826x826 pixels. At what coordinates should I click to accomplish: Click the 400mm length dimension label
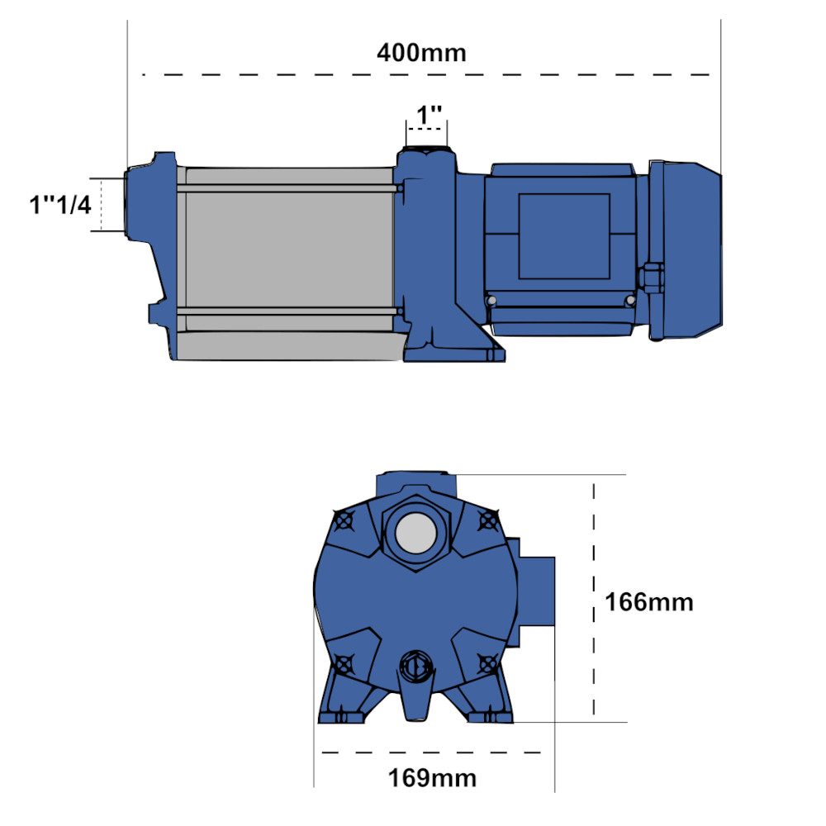(x=421, y=53)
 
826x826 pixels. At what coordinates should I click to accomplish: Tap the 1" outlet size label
(x=428, y=116)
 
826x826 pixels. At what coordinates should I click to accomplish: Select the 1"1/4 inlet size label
(x=60, y=204)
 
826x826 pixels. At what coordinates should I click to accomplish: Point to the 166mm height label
(x=648, y=602)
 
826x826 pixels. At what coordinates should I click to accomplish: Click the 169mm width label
(x=432, y=777)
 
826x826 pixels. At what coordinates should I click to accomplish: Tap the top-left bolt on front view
(x=344, y=521)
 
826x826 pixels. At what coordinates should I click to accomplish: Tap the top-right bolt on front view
(x=490, y=521)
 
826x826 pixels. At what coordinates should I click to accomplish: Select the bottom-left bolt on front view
(x=344, y=662)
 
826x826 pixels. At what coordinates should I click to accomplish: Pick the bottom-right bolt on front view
(x=489, y=662)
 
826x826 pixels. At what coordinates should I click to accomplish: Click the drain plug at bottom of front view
(x=415, y=666)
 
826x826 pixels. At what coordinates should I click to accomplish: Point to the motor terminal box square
(x=563, y=236)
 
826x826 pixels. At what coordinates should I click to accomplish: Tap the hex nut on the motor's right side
(x=651, y=277)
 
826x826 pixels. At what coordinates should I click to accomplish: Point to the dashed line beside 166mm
(x=593, y=602)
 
